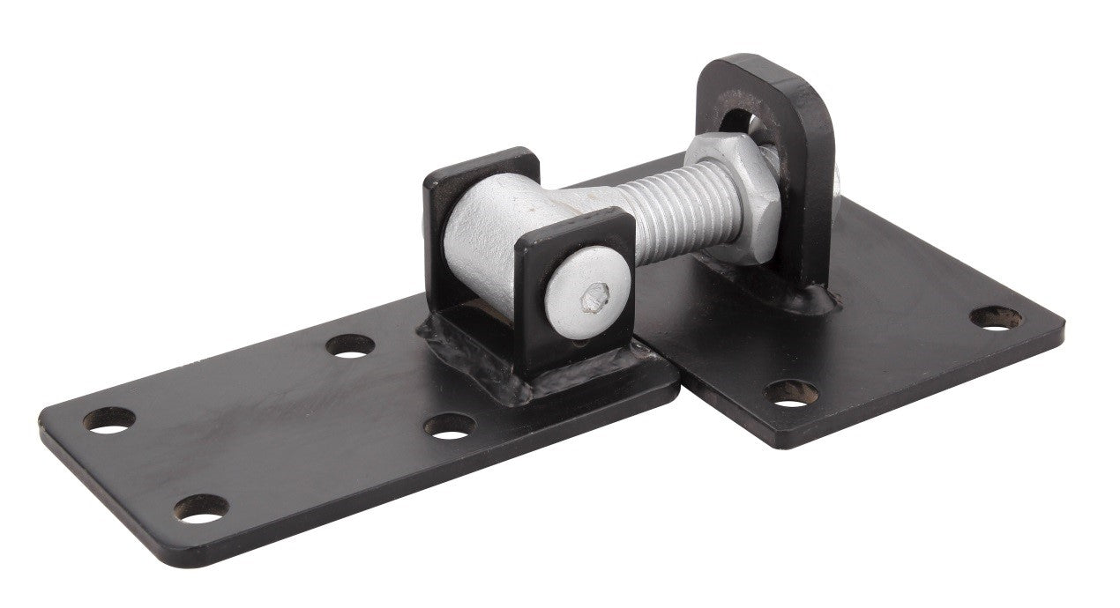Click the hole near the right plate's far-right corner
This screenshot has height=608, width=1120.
(x=997, y=317)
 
